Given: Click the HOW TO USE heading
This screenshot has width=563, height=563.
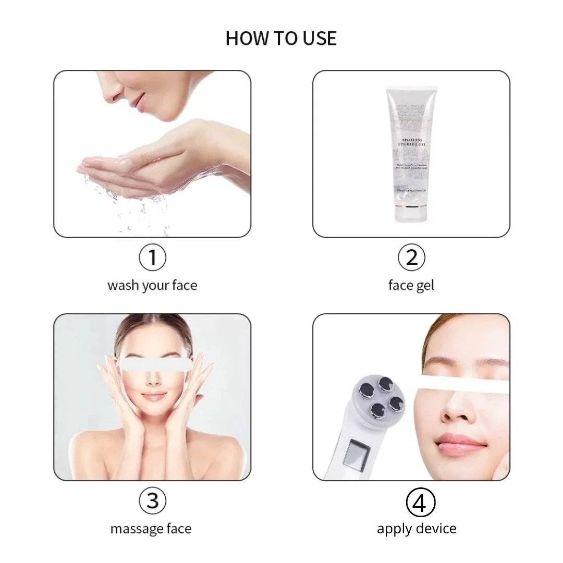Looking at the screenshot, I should (281, 39).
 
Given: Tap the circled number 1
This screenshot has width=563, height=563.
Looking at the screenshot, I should (152, 258).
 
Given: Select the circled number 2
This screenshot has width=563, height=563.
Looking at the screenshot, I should (411, 258).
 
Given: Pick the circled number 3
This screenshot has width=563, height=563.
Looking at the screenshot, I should (152, 501).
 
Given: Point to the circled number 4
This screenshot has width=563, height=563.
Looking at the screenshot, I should (420, 504).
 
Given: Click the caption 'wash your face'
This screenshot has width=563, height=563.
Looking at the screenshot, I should (152, 286).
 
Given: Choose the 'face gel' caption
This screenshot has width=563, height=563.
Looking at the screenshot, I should (411, 286).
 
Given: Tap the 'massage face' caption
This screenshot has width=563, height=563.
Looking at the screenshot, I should (151, 529).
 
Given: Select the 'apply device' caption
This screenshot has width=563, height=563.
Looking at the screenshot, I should (417, 529).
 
